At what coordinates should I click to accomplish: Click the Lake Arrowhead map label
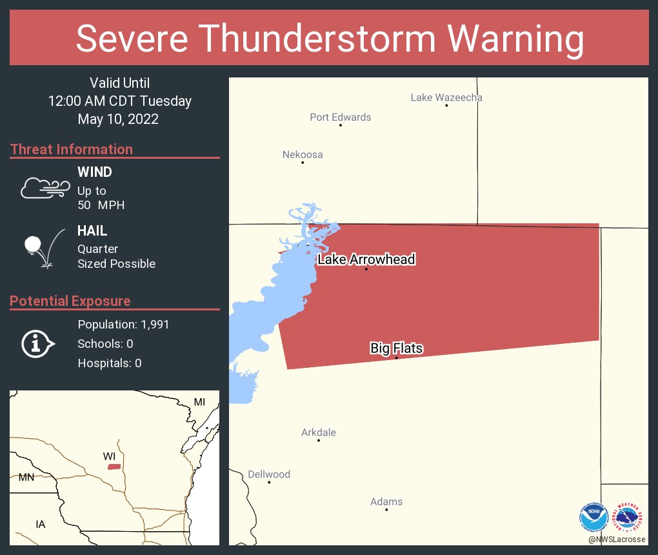click(x=366, y=259)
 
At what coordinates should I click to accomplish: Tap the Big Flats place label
click(x=396, y=348)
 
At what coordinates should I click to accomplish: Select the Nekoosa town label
click(x=303, y=155)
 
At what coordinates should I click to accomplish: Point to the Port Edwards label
click(x=340, y=117)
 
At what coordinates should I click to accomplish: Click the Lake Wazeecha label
click(x=446, y=98)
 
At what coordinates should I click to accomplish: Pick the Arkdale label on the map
click(x=319, y=432)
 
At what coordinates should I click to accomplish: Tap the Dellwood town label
click(x=269, y=474)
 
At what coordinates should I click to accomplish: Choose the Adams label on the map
click(x=386, y=501)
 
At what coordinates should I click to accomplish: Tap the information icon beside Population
click(x=38, y=344)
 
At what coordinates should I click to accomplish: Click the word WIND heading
click(x=95, y=172)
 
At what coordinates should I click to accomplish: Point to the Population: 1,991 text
click(x=123, y=325)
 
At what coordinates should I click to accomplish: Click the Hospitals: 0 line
click(x=109, y=363)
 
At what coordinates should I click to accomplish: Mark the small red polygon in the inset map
click(x=114, y=467)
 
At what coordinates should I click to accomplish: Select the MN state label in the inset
click(x=26, y=478)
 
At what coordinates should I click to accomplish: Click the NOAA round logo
click(x=593, y=516)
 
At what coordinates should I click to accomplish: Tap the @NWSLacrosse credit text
click(x=617, y=539)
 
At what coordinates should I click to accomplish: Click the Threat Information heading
click(x=72, y=149)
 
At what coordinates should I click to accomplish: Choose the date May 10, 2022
click(x=118, y=119)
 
